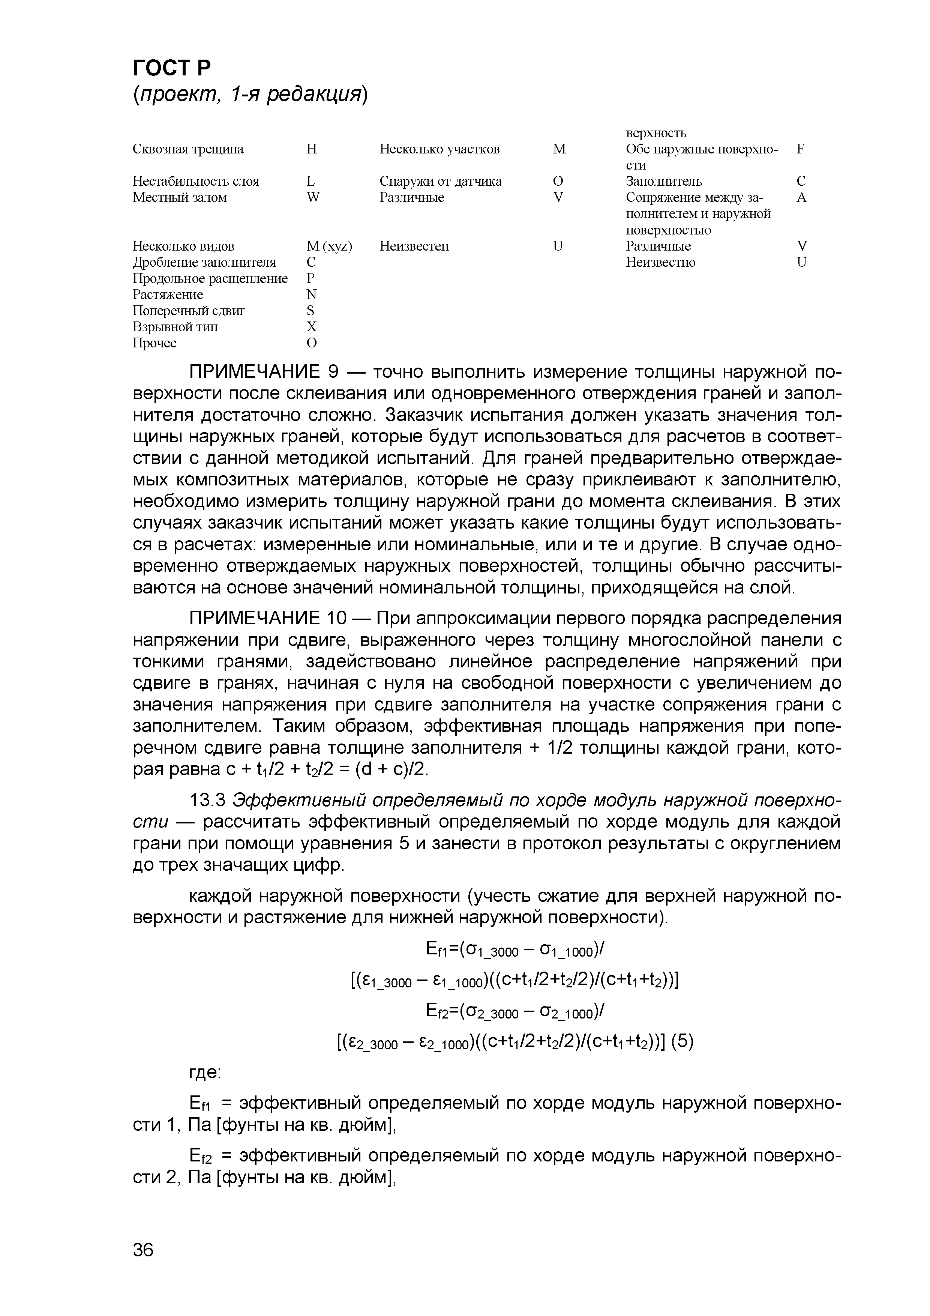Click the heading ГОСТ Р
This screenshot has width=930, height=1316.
coord(172,68)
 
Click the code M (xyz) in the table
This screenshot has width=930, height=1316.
coord(329,246)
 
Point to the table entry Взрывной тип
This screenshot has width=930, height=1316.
coord(175,327)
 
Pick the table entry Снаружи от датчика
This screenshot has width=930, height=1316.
coord(440,181)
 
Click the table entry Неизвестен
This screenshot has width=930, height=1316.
coord(414,246)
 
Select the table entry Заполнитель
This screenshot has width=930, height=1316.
coord(663,181)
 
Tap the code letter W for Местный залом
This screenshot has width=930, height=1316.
coord(313,197)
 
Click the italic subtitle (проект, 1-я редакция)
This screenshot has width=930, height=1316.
coord(249,95)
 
